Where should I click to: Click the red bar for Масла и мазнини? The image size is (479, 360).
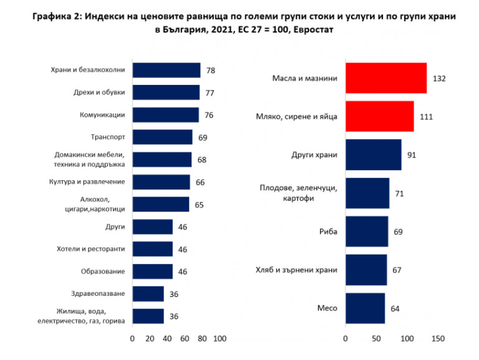(x=385, y=79)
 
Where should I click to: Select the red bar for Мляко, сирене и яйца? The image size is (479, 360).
(x=379, y=117)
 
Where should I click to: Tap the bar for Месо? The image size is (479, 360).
(x=365, y=308)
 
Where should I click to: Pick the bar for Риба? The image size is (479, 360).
(x=366, y=231)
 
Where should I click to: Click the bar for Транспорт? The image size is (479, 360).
(x=162, y=137)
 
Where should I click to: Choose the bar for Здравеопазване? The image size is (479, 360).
(x=148, y=294)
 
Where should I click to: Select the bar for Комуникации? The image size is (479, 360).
(x=165, y=115)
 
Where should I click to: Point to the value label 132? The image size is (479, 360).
(x=439, y=79)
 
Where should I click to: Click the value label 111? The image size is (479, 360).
(x=426, y=117)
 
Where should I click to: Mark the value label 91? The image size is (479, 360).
(x=412, y=155)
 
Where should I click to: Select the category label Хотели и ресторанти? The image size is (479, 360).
(x=91, y=249)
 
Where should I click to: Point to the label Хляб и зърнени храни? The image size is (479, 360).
(x=296, y=270)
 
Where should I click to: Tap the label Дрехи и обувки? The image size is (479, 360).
(x=99, y=92)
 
